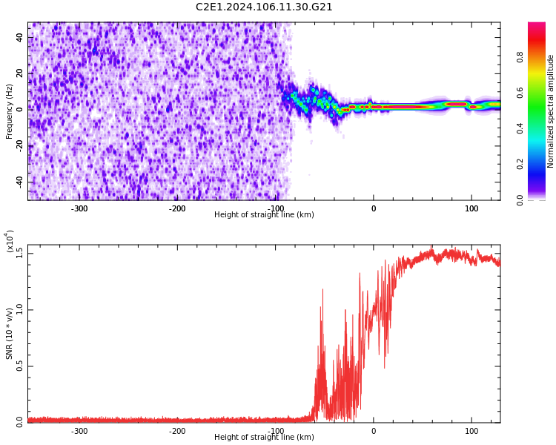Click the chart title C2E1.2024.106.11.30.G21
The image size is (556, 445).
click(264, 7)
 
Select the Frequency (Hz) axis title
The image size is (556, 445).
click(10, 111)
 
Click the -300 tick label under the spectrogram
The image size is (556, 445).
click(79, 208)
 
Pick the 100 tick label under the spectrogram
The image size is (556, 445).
click(471, 208)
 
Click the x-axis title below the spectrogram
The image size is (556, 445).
click(264, 215)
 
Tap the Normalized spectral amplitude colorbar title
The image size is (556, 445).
click(551, 111)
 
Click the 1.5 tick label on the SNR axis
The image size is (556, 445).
click(20, 254)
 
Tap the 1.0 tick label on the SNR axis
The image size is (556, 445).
click(20, 309)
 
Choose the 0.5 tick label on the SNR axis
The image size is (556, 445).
click(20, 366)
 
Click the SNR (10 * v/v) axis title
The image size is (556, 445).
click(10, 334)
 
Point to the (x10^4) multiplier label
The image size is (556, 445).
click(10, 241)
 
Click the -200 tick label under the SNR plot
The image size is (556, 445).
click(176, 431)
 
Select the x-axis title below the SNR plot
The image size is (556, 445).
click(264, 438)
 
